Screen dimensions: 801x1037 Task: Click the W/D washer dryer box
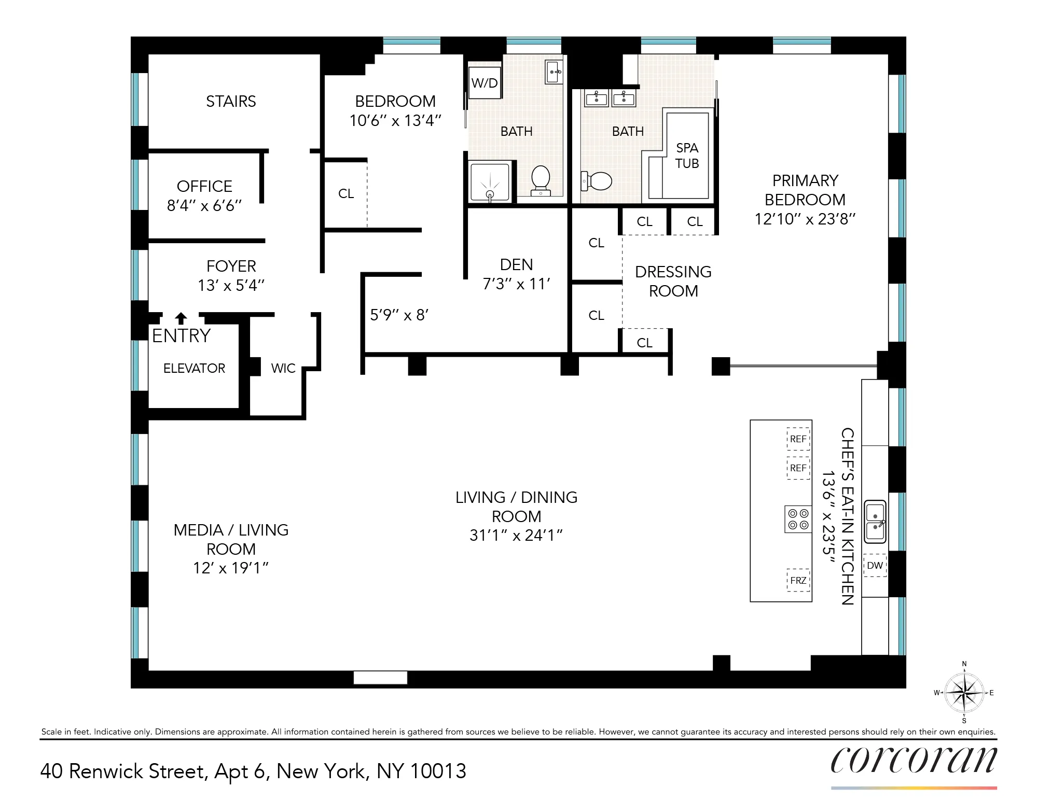point(485,83)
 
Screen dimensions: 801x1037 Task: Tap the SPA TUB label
point(687,156)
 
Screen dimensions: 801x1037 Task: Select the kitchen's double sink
point(875,522)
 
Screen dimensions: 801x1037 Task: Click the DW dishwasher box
point(875,566)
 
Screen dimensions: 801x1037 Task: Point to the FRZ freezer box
point(798,580)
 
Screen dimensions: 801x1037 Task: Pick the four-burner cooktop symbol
point(798,519)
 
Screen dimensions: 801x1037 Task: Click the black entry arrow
point(181,318)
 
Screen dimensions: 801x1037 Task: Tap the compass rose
point(964,692)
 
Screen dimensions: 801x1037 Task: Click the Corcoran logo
point(913,761)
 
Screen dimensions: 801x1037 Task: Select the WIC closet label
point(283,368)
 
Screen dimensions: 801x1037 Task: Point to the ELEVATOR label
point(194,368)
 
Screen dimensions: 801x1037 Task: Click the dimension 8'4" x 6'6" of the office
point(204,206)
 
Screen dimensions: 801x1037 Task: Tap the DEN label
point(516,264)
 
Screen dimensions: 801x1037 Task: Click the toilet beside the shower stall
point(541,180)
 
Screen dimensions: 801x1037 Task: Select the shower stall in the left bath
point(490,182)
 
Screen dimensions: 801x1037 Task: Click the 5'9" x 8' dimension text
point(399,315)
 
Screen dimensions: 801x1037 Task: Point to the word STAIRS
point(231,101)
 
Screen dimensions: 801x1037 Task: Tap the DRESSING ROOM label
point(673,281)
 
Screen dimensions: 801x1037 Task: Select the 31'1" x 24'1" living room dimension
point(516,535)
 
